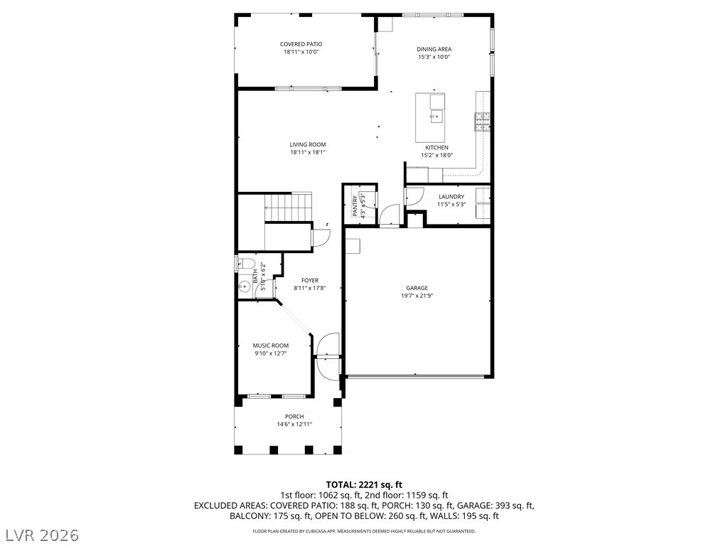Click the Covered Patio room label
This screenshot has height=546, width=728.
click(301, 44)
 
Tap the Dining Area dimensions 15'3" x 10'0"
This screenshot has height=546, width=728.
click(434, 57)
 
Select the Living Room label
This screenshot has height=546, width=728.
click(308, 144)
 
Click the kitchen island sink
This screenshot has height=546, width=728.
click(437, 116)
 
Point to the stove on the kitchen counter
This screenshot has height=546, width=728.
click(483, 122)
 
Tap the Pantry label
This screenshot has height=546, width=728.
click(355, 206)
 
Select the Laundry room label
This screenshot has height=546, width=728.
click(451, 196)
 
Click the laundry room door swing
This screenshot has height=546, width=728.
click(414, 196)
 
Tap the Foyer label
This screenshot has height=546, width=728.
click(310, 280)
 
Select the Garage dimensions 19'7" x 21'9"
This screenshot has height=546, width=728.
click(417, 296)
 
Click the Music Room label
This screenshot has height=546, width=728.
click(271, 346)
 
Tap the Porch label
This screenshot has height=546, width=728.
click(294, 417)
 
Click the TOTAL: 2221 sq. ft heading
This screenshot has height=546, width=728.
click(364, 485)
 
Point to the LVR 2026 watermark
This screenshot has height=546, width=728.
click(40, 535)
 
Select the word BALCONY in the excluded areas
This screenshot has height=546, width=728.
click(247, 516)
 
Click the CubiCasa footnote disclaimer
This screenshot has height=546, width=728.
click(364, 531)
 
